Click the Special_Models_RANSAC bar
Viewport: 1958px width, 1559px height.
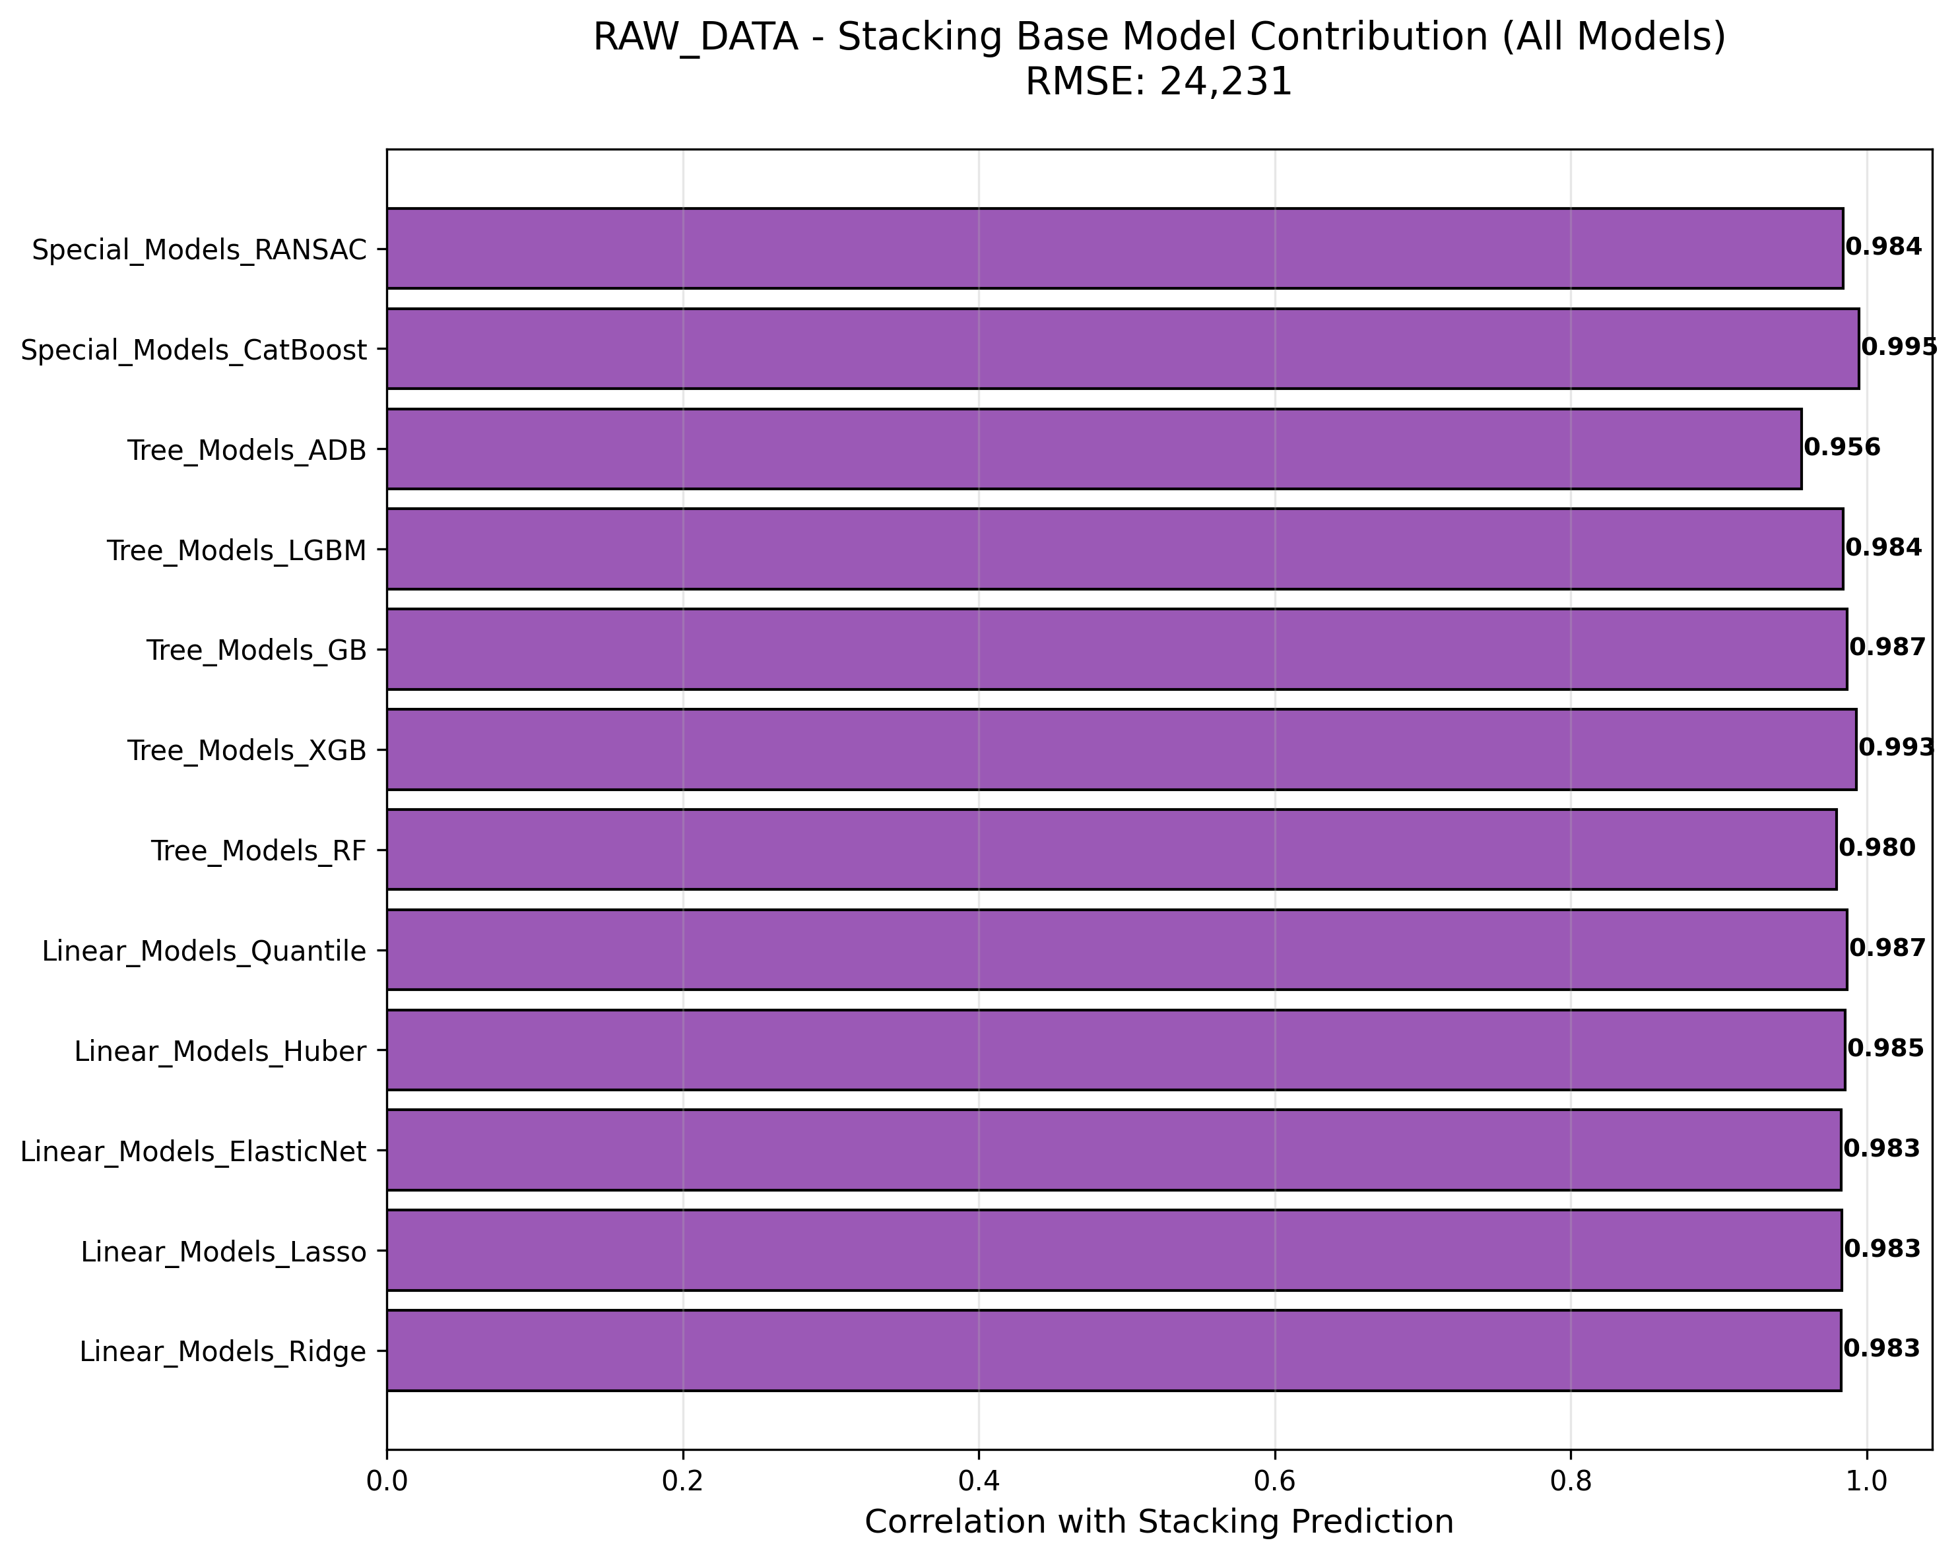[x=1115, y=248]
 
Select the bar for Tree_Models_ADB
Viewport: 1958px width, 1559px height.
[x=1093, y=449]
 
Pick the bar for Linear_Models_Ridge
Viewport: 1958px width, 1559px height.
[x=1113, y=1350]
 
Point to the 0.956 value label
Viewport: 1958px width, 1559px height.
[x=1842, y=447]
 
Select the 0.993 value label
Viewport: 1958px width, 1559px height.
[x=1896, y=748]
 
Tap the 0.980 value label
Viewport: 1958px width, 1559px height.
[x=1876, y=848]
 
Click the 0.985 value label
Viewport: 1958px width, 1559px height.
[x=1885, y=1049]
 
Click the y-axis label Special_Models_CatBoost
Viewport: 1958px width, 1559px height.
[x=193, y=350]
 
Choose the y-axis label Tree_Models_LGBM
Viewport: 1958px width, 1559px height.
[x=237, y=550]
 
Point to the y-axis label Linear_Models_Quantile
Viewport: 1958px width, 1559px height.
[x=205, y=951]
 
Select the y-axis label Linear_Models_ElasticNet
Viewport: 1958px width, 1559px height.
[x=193, y=1152]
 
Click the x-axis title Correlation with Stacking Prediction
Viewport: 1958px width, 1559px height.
[x=1159, y=1523]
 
